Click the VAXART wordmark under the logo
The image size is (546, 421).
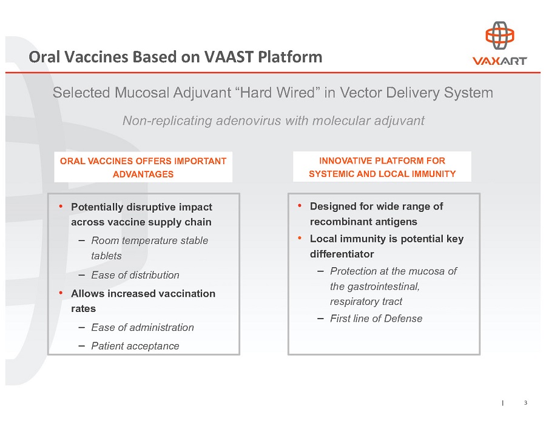tap(499, 61)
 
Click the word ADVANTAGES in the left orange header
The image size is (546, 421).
tap(143, 174)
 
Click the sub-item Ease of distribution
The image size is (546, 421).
tap(135, 275)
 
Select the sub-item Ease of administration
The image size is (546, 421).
tap(143, 327)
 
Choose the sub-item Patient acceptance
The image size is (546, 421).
tap(135, 346)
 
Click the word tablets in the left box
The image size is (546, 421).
tap(106, 256)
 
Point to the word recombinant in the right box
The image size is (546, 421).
tap(337, 222)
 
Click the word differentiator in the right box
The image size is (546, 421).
tap(342, 254)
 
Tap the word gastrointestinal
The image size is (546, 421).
tap(374, 286)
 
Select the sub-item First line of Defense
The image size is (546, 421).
tap(376, 319)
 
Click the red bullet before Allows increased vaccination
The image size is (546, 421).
tap(61, 293)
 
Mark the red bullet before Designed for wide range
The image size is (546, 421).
tap(300, 206)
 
